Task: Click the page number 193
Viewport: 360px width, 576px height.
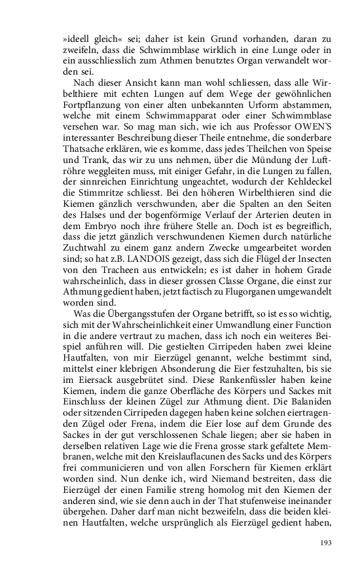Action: (326, 543)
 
